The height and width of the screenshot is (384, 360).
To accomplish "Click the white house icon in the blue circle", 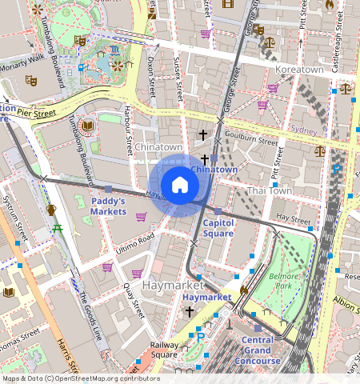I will pos(180,185).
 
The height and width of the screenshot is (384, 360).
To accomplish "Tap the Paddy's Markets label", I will pos(109,206).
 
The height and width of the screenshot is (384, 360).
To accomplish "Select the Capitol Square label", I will pos(218,227).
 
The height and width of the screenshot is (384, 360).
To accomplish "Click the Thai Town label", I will pos(268,190).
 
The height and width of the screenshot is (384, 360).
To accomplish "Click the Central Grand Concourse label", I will pos(258,350).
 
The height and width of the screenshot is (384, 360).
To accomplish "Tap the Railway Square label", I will pos(164,349).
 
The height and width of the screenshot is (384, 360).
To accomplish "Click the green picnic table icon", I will pos(58,230).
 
